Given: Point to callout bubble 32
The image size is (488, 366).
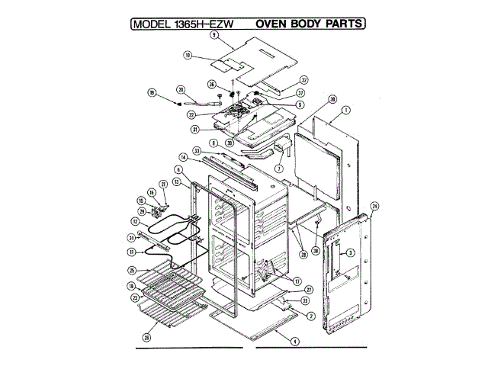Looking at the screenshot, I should point(303,79).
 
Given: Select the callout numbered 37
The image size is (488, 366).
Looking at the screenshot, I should point(301,92).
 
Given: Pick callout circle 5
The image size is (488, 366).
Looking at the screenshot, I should point(300,104).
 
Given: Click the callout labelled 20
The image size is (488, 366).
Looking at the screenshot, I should point(181,88).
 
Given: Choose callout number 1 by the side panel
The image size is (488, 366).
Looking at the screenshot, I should point(346,110).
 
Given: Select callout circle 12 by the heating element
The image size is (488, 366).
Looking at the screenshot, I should point(135,221).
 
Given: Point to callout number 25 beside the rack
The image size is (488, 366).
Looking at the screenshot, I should point(132,270).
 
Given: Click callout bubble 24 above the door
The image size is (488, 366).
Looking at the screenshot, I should point(374,206).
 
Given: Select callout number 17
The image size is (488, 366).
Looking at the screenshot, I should point(297,280).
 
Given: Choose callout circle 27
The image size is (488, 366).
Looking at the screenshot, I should point(310,290).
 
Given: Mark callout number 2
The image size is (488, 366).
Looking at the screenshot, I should point(311,315).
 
